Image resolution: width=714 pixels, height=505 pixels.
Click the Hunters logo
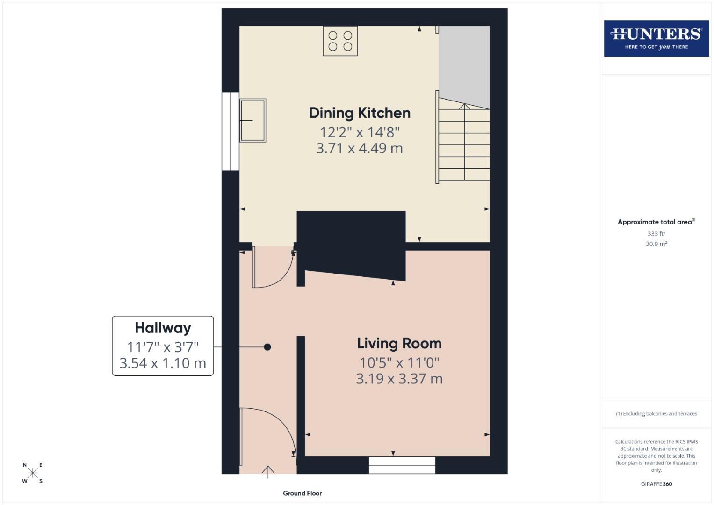pos(656,38)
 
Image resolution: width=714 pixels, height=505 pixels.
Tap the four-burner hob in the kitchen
pos(340,41)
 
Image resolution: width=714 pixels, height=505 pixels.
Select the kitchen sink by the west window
pos(252,120)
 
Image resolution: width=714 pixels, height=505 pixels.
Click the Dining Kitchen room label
pos(360,113)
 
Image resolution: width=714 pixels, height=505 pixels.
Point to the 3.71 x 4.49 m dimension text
pos(359,148)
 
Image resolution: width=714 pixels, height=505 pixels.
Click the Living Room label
pos(399,344)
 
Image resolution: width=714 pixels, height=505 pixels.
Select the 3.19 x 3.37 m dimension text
pos(399,379)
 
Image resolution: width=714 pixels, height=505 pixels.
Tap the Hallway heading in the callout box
pos(163,328)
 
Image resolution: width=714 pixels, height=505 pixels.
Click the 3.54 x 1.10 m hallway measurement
pos(163,363)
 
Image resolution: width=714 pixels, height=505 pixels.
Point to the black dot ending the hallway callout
pos(267,347)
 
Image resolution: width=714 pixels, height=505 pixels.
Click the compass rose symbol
pos(33,473)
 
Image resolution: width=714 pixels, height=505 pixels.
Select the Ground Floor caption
pos(302,493)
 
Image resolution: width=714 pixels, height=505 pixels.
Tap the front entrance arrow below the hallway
pos(268,472)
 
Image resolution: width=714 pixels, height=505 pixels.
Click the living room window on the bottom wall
pos(402,465)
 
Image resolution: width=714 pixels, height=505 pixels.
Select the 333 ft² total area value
pos(656,234)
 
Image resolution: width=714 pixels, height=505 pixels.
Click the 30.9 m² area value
pos(656,244)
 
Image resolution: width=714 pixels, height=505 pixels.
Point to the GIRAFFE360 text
pos(656,484)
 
